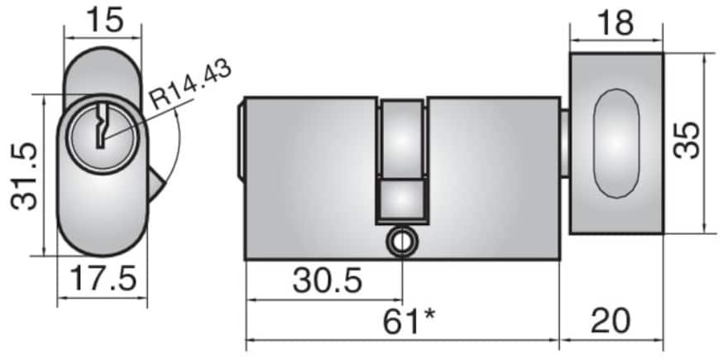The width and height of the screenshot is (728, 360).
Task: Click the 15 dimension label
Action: pyautogui.click(x=105, y=21)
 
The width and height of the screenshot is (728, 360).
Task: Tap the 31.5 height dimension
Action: pyautogui.click(x=24, y=176)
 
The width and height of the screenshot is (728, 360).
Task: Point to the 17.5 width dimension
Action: pyautogui.click(x=103, y=279)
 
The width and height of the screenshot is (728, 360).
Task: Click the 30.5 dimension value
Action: pyautogui.click(x=328, y=281)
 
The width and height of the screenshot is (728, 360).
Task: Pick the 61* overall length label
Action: pyautogui.click(x=409, y=321)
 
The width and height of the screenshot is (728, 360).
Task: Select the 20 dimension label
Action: pyautogui.click(x=611, y=321)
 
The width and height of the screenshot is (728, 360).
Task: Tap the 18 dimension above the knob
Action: pyautogui.click(x=616, y=23)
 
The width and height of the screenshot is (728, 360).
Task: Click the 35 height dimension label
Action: pyautogui.click(x=687, y=141)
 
